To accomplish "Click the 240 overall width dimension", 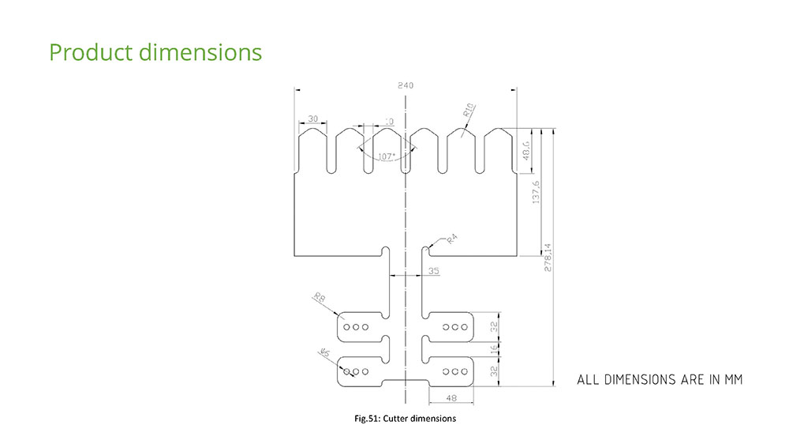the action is (x=406, y=85).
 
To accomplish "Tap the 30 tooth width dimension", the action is (x=313, y=119).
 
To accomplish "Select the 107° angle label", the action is (x=387, y=156).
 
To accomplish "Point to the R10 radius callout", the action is (x=469, y=111).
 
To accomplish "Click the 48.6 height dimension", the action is (x=526, y=150).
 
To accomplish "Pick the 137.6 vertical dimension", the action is (x=536, y=193).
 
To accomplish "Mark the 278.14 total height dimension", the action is (x=548, y=258).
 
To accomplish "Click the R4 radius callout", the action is (x=451, y=239).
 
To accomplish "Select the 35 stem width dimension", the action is (x=434, y=271).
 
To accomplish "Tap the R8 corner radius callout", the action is (x=320, y=297).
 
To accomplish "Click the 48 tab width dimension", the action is (x=451, y=398).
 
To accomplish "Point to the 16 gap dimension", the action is (x=494, y=348).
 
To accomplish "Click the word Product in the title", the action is (x=91, y=52).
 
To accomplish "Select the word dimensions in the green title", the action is (x=200, y=52).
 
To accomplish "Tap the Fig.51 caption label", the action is (x=367, y=418).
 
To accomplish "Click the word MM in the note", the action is (x=734, y=379).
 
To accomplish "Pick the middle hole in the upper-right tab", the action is (x=455, y=327).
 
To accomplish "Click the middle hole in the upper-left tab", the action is (x=356, y=327).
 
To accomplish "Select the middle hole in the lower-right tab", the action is (x=455, y=372).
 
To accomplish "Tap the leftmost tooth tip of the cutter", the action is (x=312, y=129).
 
